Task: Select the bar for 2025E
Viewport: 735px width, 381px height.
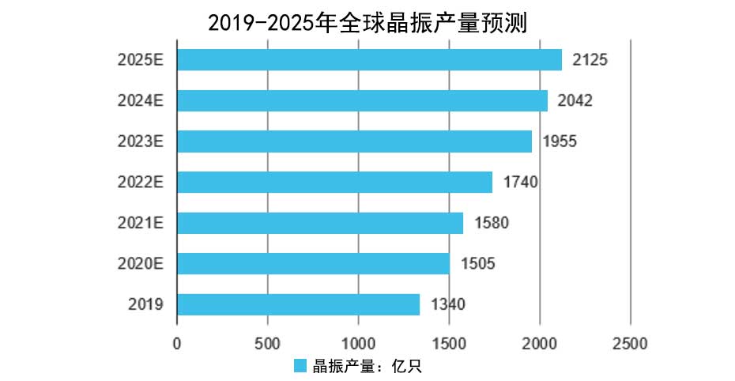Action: click(369, 60)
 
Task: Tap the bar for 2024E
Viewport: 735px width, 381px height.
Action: click(362, 100)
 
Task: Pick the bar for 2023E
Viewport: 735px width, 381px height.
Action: click(354, 141)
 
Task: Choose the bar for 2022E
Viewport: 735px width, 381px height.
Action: click(334, 182)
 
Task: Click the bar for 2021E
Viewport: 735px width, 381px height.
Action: click(320, 223)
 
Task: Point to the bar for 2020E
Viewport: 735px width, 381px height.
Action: click(313, 263)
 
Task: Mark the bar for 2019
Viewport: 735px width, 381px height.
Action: click(298, 304)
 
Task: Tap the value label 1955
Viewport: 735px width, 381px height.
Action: click(559, 141)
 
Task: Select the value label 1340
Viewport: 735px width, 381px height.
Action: click(447, 304)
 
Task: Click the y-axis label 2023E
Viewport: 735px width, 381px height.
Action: click(140, 141)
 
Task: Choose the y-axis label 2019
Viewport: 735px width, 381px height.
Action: click(145, 304)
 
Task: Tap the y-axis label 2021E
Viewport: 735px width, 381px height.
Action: click(140, 223)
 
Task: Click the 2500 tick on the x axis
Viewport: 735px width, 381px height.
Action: click(630, 344)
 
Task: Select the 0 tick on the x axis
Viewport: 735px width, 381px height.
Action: click(177, 344)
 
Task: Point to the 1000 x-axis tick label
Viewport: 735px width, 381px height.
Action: click(358, 344)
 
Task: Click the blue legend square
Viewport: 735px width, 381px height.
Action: click(300, 365)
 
